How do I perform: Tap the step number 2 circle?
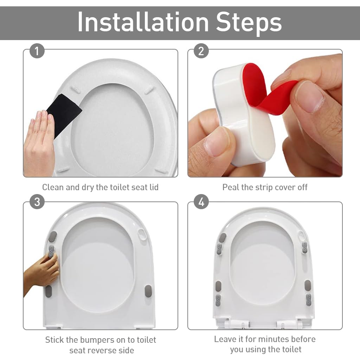click(x=201, y=51)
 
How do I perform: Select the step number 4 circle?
click(x=201, y=202)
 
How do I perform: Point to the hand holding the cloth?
click(x=39, y=144)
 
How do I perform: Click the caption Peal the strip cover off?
click(x=265, y=187)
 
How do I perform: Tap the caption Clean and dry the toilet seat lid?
click(x=100, y=187)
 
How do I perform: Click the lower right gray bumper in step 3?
click(x=148, y=291)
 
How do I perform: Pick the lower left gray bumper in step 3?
click(x=49, y=291)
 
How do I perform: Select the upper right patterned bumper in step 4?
click(x=304, y=247)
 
